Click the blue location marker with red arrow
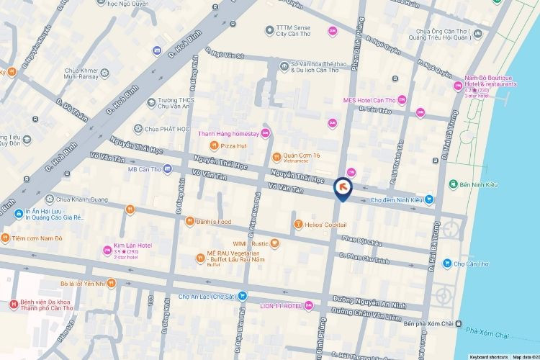pyautogui.click(x=342, y=189)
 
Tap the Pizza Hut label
pyautogui.click(x=234, y=145)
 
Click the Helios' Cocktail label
pyautogui.click(x=326, y=225)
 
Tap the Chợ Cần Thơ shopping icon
pyautogui.click(x=447, y=264)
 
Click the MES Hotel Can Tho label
pyautogui.click(x=370, y=100)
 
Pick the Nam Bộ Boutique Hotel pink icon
pyautogui.click(x=456, y=86)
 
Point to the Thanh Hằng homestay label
pyautogui.click(x=229, y=133)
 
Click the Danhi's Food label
pyautogui.click(x=214, y=221)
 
